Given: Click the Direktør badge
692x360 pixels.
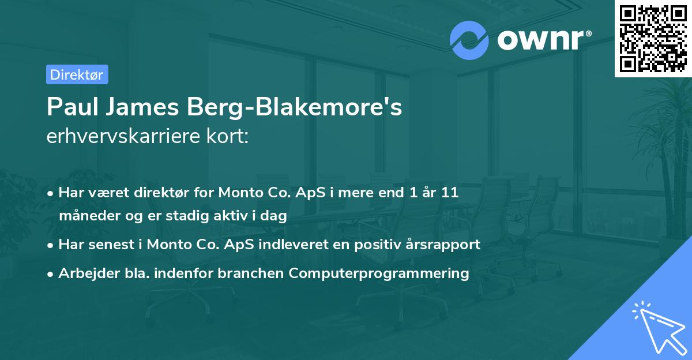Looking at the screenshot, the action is pyautogui.click(x=77, y=74).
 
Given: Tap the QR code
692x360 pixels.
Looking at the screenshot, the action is pyautogui.click(x=653, y=38).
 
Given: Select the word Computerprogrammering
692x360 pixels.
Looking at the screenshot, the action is pyautogui.click(x=379, y=273).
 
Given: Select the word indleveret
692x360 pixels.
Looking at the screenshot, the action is pyautogui.click(x=300, y=244).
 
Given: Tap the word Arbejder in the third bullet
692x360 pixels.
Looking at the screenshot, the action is pyautogui.click(x=84, y=273).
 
